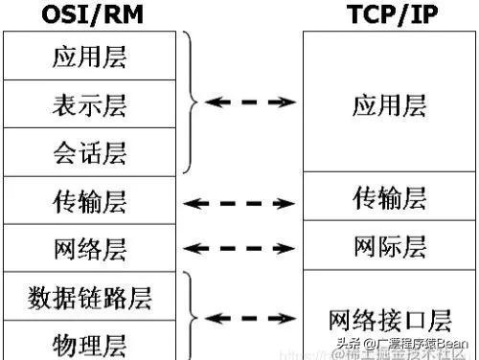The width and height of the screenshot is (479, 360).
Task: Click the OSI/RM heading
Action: tap(89, 12)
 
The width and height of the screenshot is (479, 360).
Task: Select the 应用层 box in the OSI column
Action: tap(89, 56)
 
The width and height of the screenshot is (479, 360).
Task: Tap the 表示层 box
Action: tap(89, 104)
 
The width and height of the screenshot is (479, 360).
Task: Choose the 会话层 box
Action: tap(89, 151)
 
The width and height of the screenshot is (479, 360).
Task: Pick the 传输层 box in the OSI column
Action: tap(89, 201)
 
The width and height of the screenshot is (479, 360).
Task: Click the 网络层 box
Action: tap(89, 248)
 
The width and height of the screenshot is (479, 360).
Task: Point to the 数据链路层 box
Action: tap(89, 296)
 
